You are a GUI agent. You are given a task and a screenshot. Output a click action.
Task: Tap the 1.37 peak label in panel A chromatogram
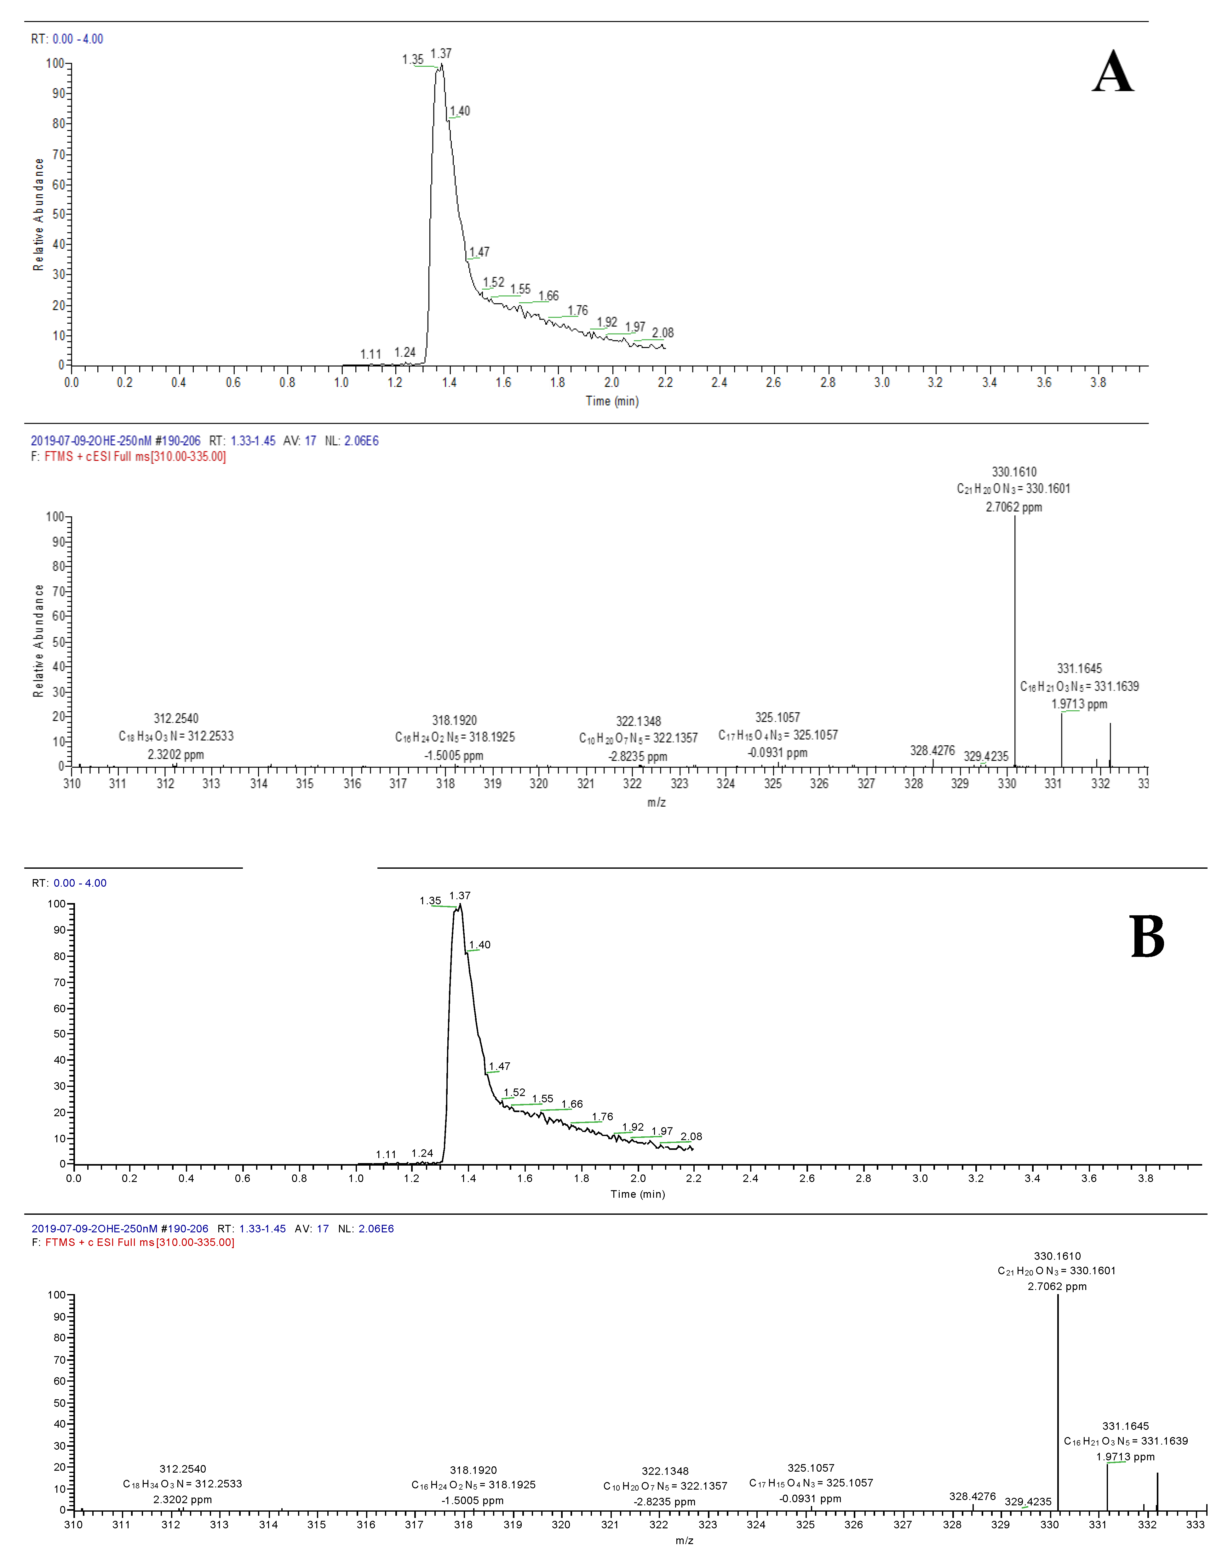click(441, 54)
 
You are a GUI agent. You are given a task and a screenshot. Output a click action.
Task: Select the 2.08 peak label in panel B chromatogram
click(691, 1136)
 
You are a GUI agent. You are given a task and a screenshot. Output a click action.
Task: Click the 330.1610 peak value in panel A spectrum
click(1014, 472)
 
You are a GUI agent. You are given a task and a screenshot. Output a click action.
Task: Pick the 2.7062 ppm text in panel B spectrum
click(1057, 1286)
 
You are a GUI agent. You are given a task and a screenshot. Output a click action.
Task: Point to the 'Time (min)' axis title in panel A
click(612, 401)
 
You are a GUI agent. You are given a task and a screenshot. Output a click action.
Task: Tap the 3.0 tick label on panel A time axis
click(881, 382)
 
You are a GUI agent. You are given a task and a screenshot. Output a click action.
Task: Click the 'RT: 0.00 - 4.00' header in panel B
click(69, 883)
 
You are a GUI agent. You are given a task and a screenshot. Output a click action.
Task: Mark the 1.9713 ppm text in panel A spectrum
click(1078, 704)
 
